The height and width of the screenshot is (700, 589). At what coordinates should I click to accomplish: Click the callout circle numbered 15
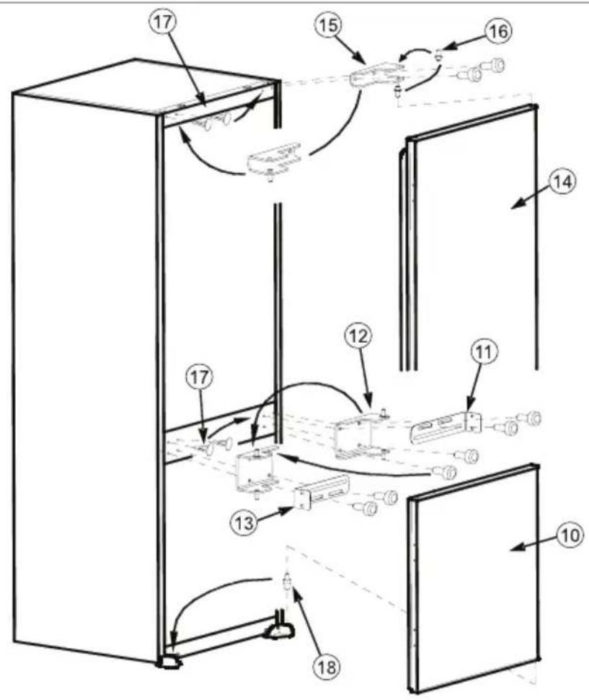click(x=328, y=25)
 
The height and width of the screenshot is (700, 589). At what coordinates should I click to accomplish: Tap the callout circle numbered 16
click(x=498, y=31)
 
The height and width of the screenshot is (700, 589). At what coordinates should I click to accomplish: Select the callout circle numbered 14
click(x=562, y=182)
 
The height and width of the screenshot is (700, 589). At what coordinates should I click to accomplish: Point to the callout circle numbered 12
click(x=358, y=336)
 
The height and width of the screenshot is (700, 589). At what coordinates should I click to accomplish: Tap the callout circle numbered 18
click(x=327, y=668)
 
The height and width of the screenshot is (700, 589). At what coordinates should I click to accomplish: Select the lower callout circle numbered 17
click(x=199, y=377)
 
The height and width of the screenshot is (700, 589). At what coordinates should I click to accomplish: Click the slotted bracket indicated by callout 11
click(x=446, y=427)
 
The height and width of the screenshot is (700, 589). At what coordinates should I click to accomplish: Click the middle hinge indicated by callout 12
click(x=362, y=435)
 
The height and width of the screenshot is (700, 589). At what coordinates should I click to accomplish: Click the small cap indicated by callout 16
click(x=438, y=56)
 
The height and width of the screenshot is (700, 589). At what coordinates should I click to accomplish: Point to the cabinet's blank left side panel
click(x=85, y=370)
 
